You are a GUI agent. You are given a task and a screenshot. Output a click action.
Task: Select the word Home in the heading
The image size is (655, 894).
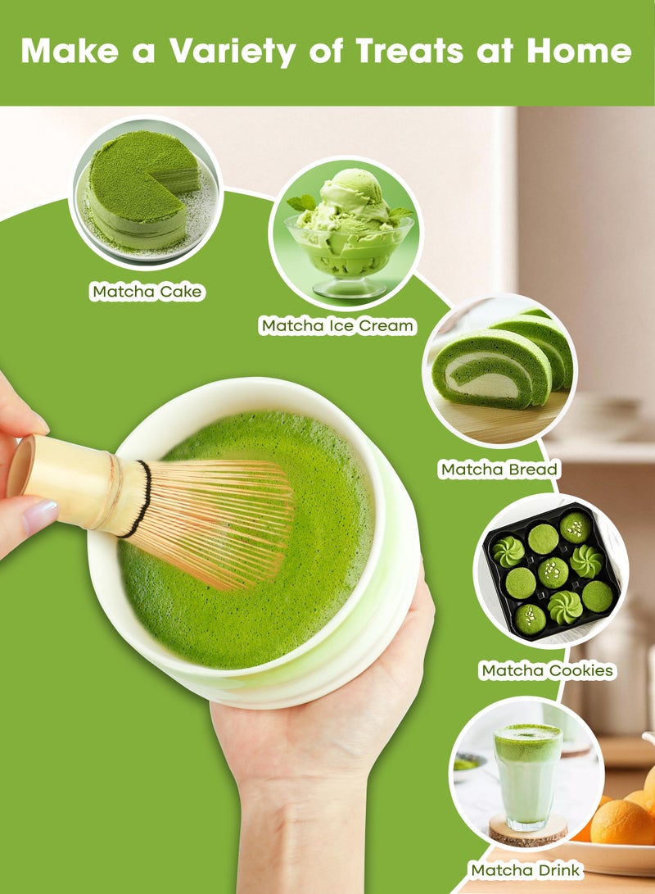(x=579, y=51)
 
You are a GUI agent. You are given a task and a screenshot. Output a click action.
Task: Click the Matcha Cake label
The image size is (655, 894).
(x=147, y=292)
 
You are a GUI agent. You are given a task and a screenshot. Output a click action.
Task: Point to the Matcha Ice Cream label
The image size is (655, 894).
(x=337, y=326)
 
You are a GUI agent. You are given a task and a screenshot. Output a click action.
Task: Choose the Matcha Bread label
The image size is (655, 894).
(x=499, y=470)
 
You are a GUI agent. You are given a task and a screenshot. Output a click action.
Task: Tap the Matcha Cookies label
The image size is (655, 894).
(x=547, y=670)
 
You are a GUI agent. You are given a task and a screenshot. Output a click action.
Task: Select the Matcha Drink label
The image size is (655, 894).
(x=526, y=869)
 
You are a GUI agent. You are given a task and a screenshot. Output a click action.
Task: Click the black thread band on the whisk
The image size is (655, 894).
(x=138, y=499)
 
